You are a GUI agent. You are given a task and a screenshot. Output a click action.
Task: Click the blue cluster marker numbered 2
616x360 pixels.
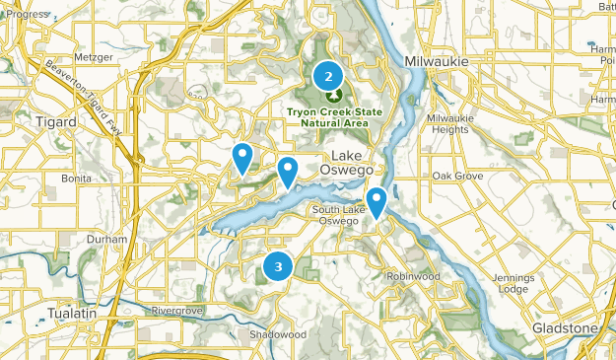click(328, 75)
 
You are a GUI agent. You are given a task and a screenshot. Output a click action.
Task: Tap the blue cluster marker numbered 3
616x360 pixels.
click(279, 266)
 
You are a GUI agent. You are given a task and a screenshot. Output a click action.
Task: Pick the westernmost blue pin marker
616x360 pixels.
click(241, 157)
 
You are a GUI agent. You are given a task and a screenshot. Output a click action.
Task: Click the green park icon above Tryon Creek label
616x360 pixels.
click(333, 96)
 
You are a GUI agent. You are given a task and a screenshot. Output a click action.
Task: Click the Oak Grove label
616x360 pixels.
click(456, 176)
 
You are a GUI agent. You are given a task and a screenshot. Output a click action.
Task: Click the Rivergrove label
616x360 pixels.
click(176, 310)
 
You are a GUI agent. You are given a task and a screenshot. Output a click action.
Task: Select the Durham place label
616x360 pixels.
click(106, 240)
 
